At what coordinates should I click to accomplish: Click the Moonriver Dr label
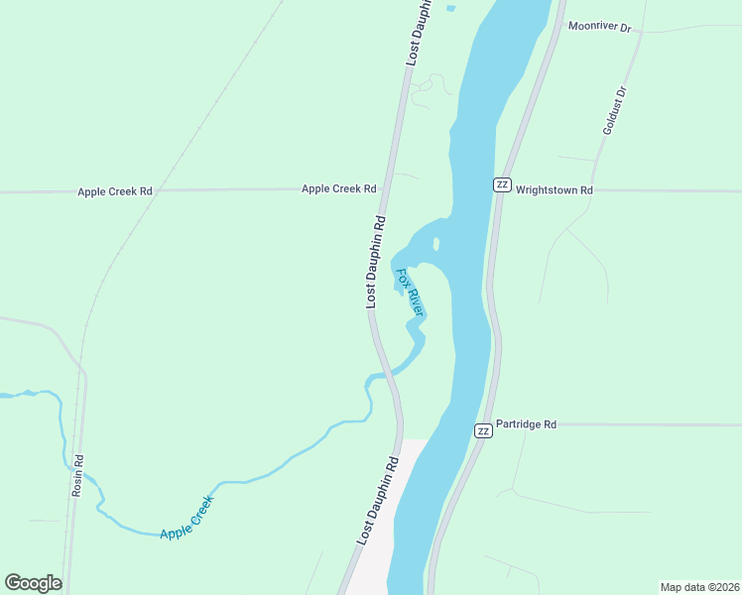(x=599, y=28)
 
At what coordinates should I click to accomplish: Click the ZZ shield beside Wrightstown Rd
(x=502, y=184)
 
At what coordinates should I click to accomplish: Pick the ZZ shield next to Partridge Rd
(x=482, y=430)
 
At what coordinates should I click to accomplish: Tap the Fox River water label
(x=410, y=293)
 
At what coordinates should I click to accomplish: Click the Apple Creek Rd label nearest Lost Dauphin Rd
(x=339, y=188)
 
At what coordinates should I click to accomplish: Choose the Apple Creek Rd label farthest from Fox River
(x=115, y=190)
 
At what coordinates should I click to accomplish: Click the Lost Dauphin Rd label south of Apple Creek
(x=377, y=502)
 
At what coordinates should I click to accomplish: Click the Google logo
(x=33, y=583)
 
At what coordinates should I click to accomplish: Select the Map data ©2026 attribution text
(x=699, y=587)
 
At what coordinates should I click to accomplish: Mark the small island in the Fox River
(x=435, y=243)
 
